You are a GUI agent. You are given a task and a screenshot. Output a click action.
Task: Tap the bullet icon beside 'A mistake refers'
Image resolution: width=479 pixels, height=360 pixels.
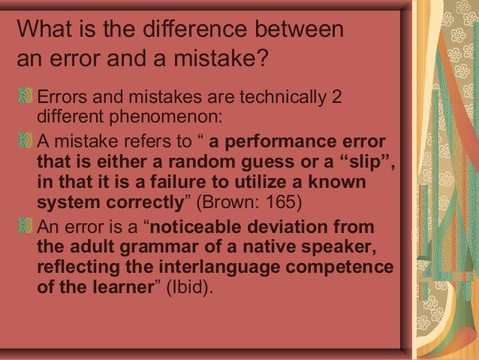coord(26,141)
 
